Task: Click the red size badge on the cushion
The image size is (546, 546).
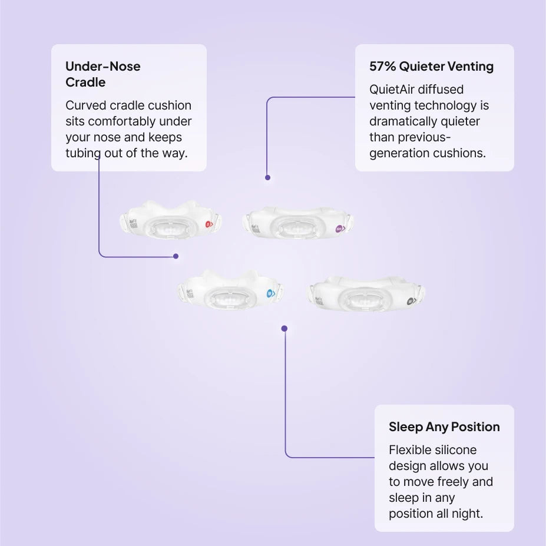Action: tap(209, 224)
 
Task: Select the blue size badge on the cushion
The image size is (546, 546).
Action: tap(270, 294)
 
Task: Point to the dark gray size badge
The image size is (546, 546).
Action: tap(412, 301)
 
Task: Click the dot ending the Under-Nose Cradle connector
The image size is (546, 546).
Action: tap(176, 256)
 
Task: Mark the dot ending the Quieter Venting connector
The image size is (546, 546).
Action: tap(268, 178)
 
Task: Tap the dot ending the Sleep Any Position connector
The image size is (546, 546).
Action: tap(284, 329)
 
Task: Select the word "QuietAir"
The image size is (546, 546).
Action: tap(392, 90)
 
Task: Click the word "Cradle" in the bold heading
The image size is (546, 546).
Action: tap(85, 82)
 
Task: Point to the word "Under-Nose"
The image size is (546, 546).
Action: tap(103, 66)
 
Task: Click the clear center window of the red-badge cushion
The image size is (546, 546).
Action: tap(170, 228)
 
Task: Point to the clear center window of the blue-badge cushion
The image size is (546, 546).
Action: tap(229, 298)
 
